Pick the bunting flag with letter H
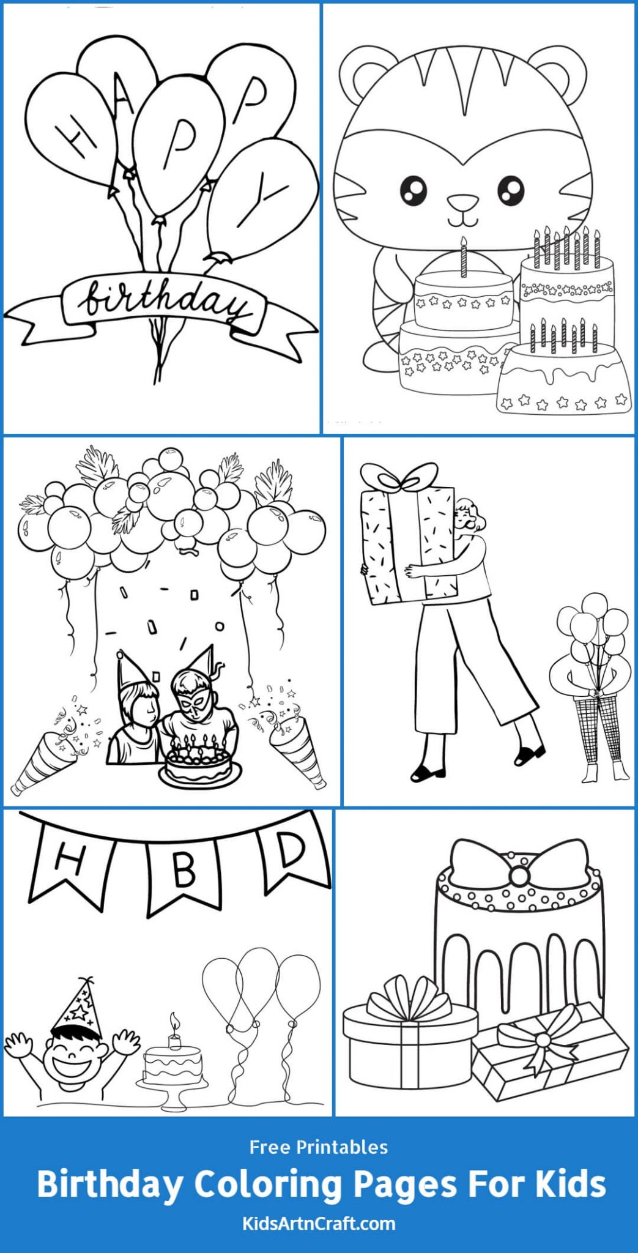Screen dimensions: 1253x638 [69, 860]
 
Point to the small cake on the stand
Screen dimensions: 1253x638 [172, 1065]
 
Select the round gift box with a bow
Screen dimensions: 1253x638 [409, 1040]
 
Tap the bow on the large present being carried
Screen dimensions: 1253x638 [401, 477]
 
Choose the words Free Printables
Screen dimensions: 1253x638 [318, 1147]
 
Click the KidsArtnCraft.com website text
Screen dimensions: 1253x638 [318, 1224]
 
